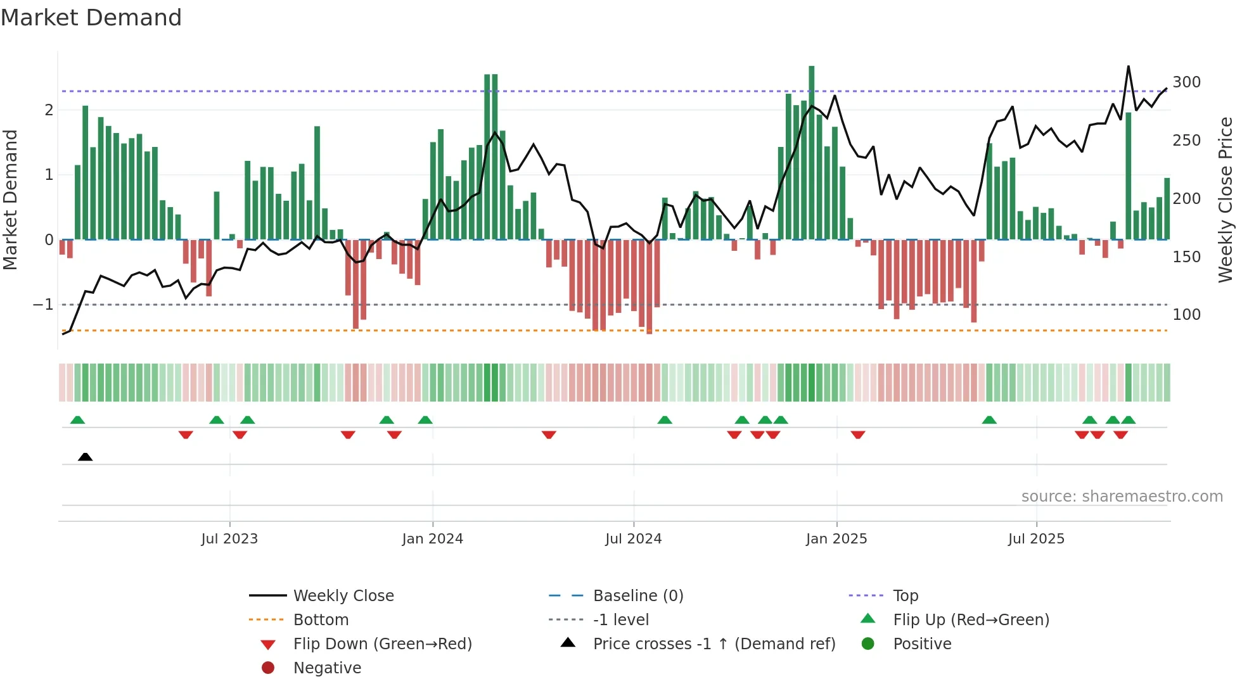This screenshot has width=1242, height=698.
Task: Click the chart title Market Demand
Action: click(91, 18)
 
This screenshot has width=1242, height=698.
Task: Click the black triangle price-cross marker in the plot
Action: click(85, 457)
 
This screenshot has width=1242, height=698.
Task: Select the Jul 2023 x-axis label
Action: click(229, 539)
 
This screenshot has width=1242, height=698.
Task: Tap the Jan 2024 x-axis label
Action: click(432, 539)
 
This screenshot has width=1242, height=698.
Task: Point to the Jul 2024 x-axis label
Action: click(633, 539)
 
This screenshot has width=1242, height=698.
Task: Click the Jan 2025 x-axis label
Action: click(836, 539)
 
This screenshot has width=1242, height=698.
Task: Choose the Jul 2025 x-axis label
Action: click(1036, 539)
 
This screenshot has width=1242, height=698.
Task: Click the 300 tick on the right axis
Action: click(1186, 82)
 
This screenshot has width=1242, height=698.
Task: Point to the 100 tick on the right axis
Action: click(1186, 315)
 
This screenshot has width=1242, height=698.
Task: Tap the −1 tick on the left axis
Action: click(43, 305)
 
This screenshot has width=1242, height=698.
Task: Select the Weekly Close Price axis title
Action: click(1226, 200)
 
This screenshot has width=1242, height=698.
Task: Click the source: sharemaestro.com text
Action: click(1122, 497)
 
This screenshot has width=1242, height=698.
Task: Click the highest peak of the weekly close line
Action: click(1128, 67)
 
